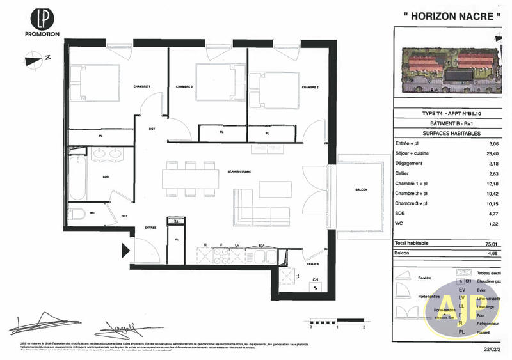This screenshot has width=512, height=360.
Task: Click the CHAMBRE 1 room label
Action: [x=141, y=86]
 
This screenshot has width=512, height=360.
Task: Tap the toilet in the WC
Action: [x=77, y=214]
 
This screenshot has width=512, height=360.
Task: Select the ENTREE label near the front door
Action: [x=150, y=227]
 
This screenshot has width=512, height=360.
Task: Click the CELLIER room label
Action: [x=312, y=263]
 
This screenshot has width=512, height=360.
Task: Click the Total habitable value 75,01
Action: [x=490, y=244]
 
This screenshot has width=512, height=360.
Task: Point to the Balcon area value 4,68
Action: [x=490, y=253]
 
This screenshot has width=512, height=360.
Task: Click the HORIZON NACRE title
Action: [x=452, y=15]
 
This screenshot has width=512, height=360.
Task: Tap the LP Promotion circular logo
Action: [x=42, y=19]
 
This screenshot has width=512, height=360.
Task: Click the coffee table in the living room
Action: [x=275, y=189]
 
